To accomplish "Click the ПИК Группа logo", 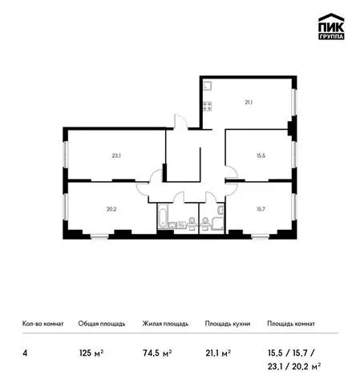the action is click(331, 26).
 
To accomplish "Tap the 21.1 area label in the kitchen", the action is click(249, 102).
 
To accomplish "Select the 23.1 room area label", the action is click(116, 155).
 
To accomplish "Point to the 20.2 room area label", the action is click(111, 209).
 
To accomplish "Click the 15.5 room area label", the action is click(261, 155).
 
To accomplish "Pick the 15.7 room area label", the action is click(261, 209).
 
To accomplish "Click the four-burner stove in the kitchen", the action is click(208, 106).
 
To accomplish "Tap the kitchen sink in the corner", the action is click(208, 86).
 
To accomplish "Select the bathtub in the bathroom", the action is click(163, 216).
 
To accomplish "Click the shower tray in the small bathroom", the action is click(218, 224).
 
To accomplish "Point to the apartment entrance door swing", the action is click(181, 122).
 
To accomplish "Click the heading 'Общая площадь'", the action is click(102, 324).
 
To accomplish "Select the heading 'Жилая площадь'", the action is click(165, 324).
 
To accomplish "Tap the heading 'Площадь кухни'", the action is click(228, 324).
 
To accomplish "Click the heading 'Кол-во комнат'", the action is click(43, 324).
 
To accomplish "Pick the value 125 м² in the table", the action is click(91, 353).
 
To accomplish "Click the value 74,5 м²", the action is click(157, 353).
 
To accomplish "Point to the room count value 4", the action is click(25, 353).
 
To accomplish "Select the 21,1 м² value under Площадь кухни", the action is click(218, 353).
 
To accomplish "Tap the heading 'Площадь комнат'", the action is click(291, 324).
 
